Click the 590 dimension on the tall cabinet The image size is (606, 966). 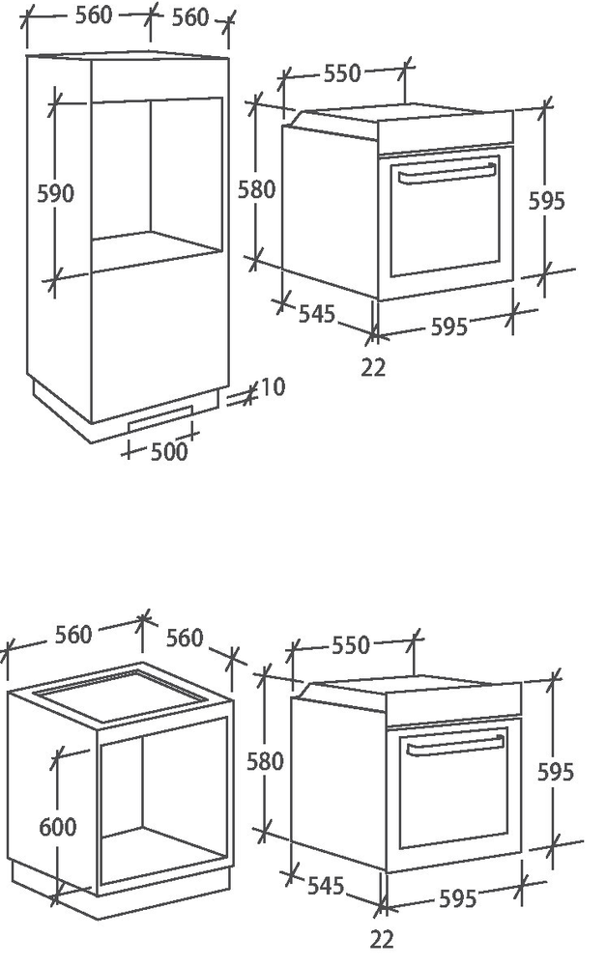(x=55, y=193)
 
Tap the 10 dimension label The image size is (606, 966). (x=273, y=387)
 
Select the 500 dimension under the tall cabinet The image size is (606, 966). (x=169, y=451)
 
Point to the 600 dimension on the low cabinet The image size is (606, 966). (x=58, y=827)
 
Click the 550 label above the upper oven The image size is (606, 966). (x=342, y=73)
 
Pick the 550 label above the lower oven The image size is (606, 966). (x=350, y=645)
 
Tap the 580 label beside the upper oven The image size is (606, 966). (x=256, y=189)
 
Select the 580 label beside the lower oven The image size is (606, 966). (x=265, y=761)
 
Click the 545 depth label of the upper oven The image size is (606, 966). (x=317, y=314)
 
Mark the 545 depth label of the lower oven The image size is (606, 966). (x=326, y=886)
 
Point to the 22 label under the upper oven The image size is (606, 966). (x=373, y=368)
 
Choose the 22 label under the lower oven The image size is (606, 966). (x=382, y=940)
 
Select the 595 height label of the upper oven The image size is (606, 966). (x=547, y=201)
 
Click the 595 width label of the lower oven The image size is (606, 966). (x=457, y=898)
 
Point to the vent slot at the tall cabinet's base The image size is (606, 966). (x=160, y=417)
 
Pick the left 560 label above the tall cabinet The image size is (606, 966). (x=94, y=16)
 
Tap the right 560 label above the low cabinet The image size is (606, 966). (x=185, y=638)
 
